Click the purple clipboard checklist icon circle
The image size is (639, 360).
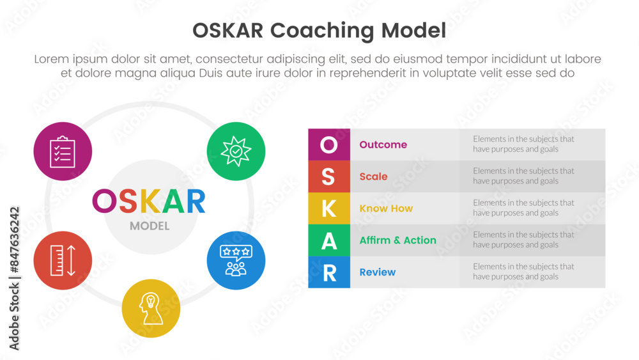tap(63, 152)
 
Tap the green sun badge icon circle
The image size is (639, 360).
tap(236, 152)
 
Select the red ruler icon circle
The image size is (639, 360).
tap(63, 260)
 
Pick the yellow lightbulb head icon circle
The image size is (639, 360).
tap(151, 308)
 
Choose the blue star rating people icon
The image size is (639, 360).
tap(236, 260)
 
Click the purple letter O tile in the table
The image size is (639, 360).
tap(329, 145)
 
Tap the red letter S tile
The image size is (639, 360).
tap(329, 176)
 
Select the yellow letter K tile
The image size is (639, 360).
tap(329, 208)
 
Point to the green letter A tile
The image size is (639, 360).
tap(329, 240)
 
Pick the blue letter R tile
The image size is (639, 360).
tap(329, 272)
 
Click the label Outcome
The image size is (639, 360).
tap(383, 145)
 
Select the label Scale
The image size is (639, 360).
tap(373, 176)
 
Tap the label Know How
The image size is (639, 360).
tap(386, 208)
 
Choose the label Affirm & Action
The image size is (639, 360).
tap(397, 240)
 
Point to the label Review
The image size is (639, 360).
tap(378, 272)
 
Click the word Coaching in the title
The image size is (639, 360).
tap(322, 31)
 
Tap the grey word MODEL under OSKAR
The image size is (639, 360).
tap(150, 226)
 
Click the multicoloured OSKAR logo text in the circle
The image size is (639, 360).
tap(149, 201)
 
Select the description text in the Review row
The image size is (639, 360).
tap(523, 272)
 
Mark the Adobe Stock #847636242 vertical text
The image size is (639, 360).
tap(14, 278)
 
